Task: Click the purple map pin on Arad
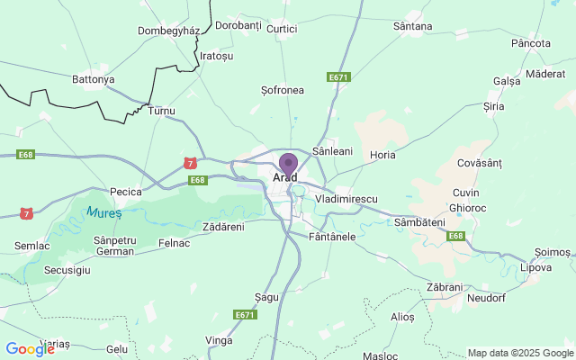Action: (x=288, y=165)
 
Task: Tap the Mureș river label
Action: (x=103, y=213)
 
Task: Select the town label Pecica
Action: (x=126, y=192)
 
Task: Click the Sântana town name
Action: (x=412, y=27)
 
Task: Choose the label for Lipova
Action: (x=535, y=268)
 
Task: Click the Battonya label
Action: (x=94, y=79)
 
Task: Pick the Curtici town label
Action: (x=282, y=29)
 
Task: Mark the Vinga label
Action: (x=219, y=340)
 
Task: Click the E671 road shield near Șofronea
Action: (x=338, y=77)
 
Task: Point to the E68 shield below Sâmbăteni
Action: (x=456, y=236)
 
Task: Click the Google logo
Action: (x=30, y=349)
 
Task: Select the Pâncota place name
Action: (x=530, y=43)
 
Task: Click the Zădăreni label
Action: (x=223, y=227)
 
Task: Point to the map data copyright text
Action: (x=520, y=353)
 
